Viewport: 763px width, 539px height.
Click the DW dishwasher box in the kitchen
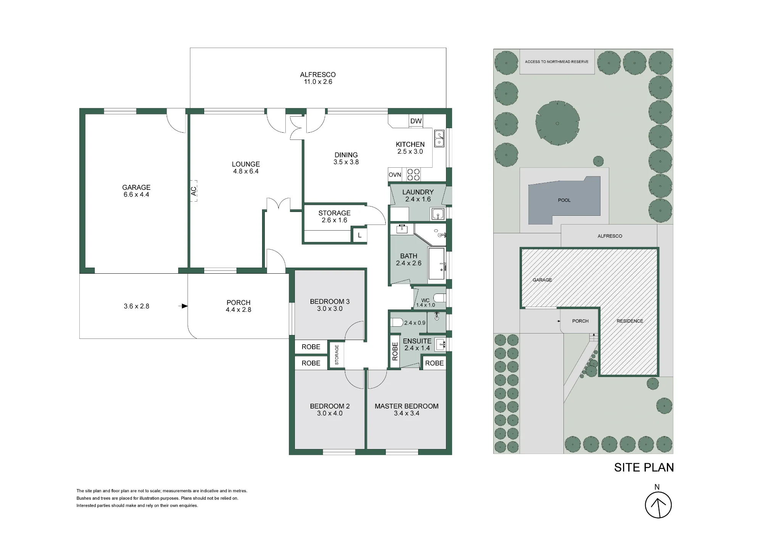pyautogui.click(x=416, y=121)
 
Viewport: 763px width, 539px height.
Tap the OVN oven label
pyautogui.click(x=395, y=175)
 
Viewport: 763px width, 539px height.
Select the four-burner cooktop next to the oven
pyautogui.click(x=414, y=175)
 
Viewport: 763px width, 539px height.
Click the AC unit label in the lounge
pyautogui.click(x=194, y=191)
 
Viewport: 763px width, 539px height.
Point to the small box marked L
pyautogui.click(x=359, y=235)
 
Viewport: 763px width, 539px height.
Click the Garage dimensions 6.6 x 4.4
pyautogui.click(x=136, y=194)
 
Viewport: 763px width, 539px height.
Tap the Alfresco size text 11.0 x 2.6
pyautogui.click(x=318, y=82)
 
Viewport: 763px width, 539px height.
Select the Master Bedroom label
pyautogui.click(x=407, y=406)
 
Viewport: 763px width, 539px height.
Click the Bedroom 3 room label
pyautogui.click(x=330, y=302)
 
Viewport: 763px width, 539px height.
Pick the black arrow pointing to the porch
pyautogui.click(x=184, y=306)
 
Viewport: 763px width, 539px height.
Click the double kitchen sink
pyautogui.click(x=439, y=138)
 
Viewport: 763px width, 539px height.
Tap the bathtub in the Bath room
pyautogui.click(x=437, y=263)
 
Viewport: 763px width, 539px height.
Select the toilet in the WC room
pyautogui.click(x=439, y=298)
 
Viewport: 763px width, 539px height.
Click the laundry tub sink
pyautogui.click(x=438, y=214)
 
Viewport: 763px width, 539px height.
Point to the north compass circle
pyautogui.click(x=658, y=505)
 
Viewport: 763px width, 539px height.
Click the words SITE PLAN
pyautogui.click(x=644, y=467)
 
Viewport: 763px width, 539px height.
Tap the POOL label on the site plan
pyautogui.click(x=564, y=200)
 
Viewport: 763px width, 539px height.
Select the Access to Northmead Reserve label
pyautogui.click(x=557, y=62)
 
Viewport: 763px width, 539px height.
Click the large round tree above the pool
pyautogui.click(x=557, y=123)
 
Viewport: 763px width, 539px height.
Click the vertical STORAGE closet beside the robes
pyautogui.click(x=337, y=355)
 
